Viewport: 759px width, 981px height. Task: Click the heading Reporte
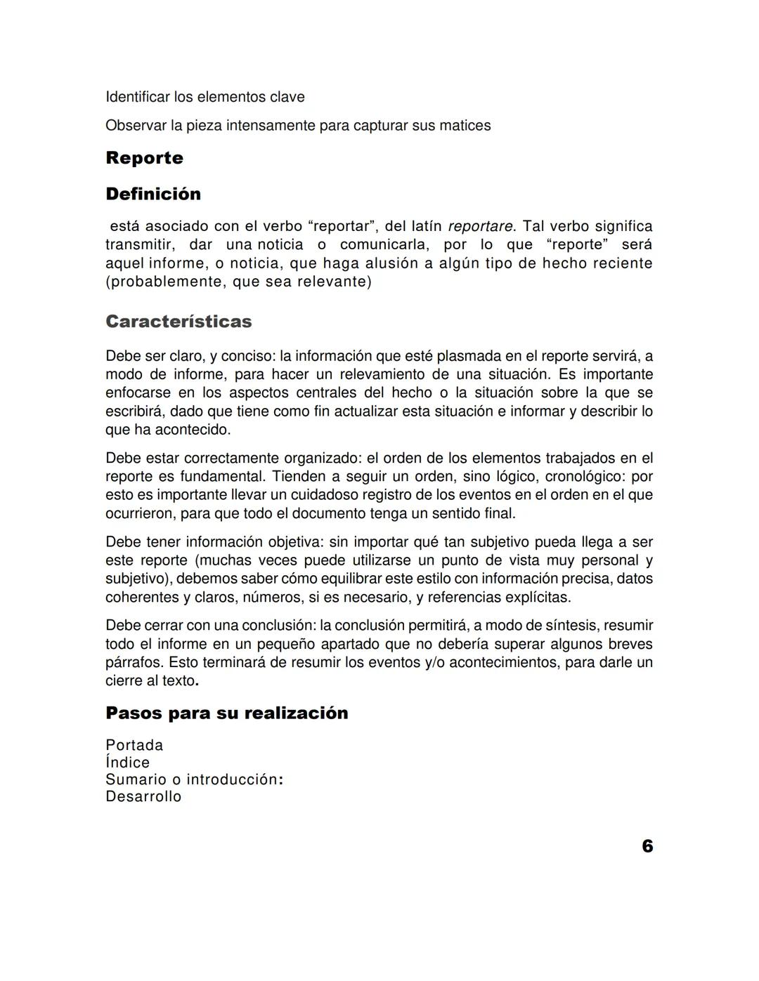coord(144,158)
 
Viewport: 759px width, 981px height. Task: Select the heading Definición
coord(153,194)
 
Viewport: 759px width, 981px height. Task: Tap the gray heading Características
coord(179,322)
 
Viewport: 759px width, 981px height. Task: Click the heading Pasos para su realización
coord(226,713)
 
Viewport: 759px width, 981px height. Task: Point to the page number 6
coord(647,846)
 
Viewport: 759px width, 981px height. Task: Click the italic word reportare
coord(481,226)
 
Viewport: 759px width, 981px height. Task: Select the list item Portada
coord(134,745)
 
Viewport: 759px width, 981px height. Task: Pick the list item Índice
coord(127,763)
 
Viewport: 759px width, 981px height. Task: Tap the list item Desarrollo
coord(143,796)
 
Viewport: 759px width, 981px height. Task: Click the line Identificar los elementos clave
coord(205,97)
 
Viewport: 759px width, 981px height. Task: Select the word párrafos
coord(134,662)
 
